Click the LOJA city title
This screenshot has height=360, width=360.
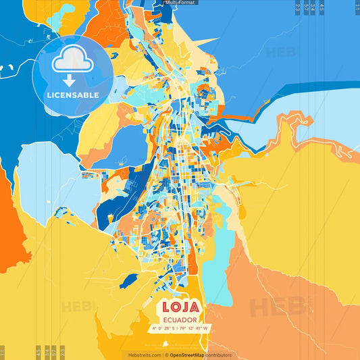[x=179, y=307]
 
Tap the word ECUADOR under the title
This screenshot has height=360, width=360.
[x=180, y=319]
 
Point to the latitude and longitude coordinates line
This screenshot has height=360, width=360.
[x=180, y=329]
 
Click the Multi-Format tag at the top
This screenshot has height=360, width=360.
[x=180, y=3]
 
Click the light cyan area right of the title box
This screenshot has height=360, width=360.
[x=215, y=277]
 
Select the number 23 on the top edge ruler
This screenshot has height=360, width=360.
[x=299, y=7]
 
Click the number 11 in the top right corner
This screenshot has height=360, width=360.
[x=357, y=7]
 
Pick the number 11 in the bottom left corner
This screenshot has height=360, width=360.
[x=3, y=353]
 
